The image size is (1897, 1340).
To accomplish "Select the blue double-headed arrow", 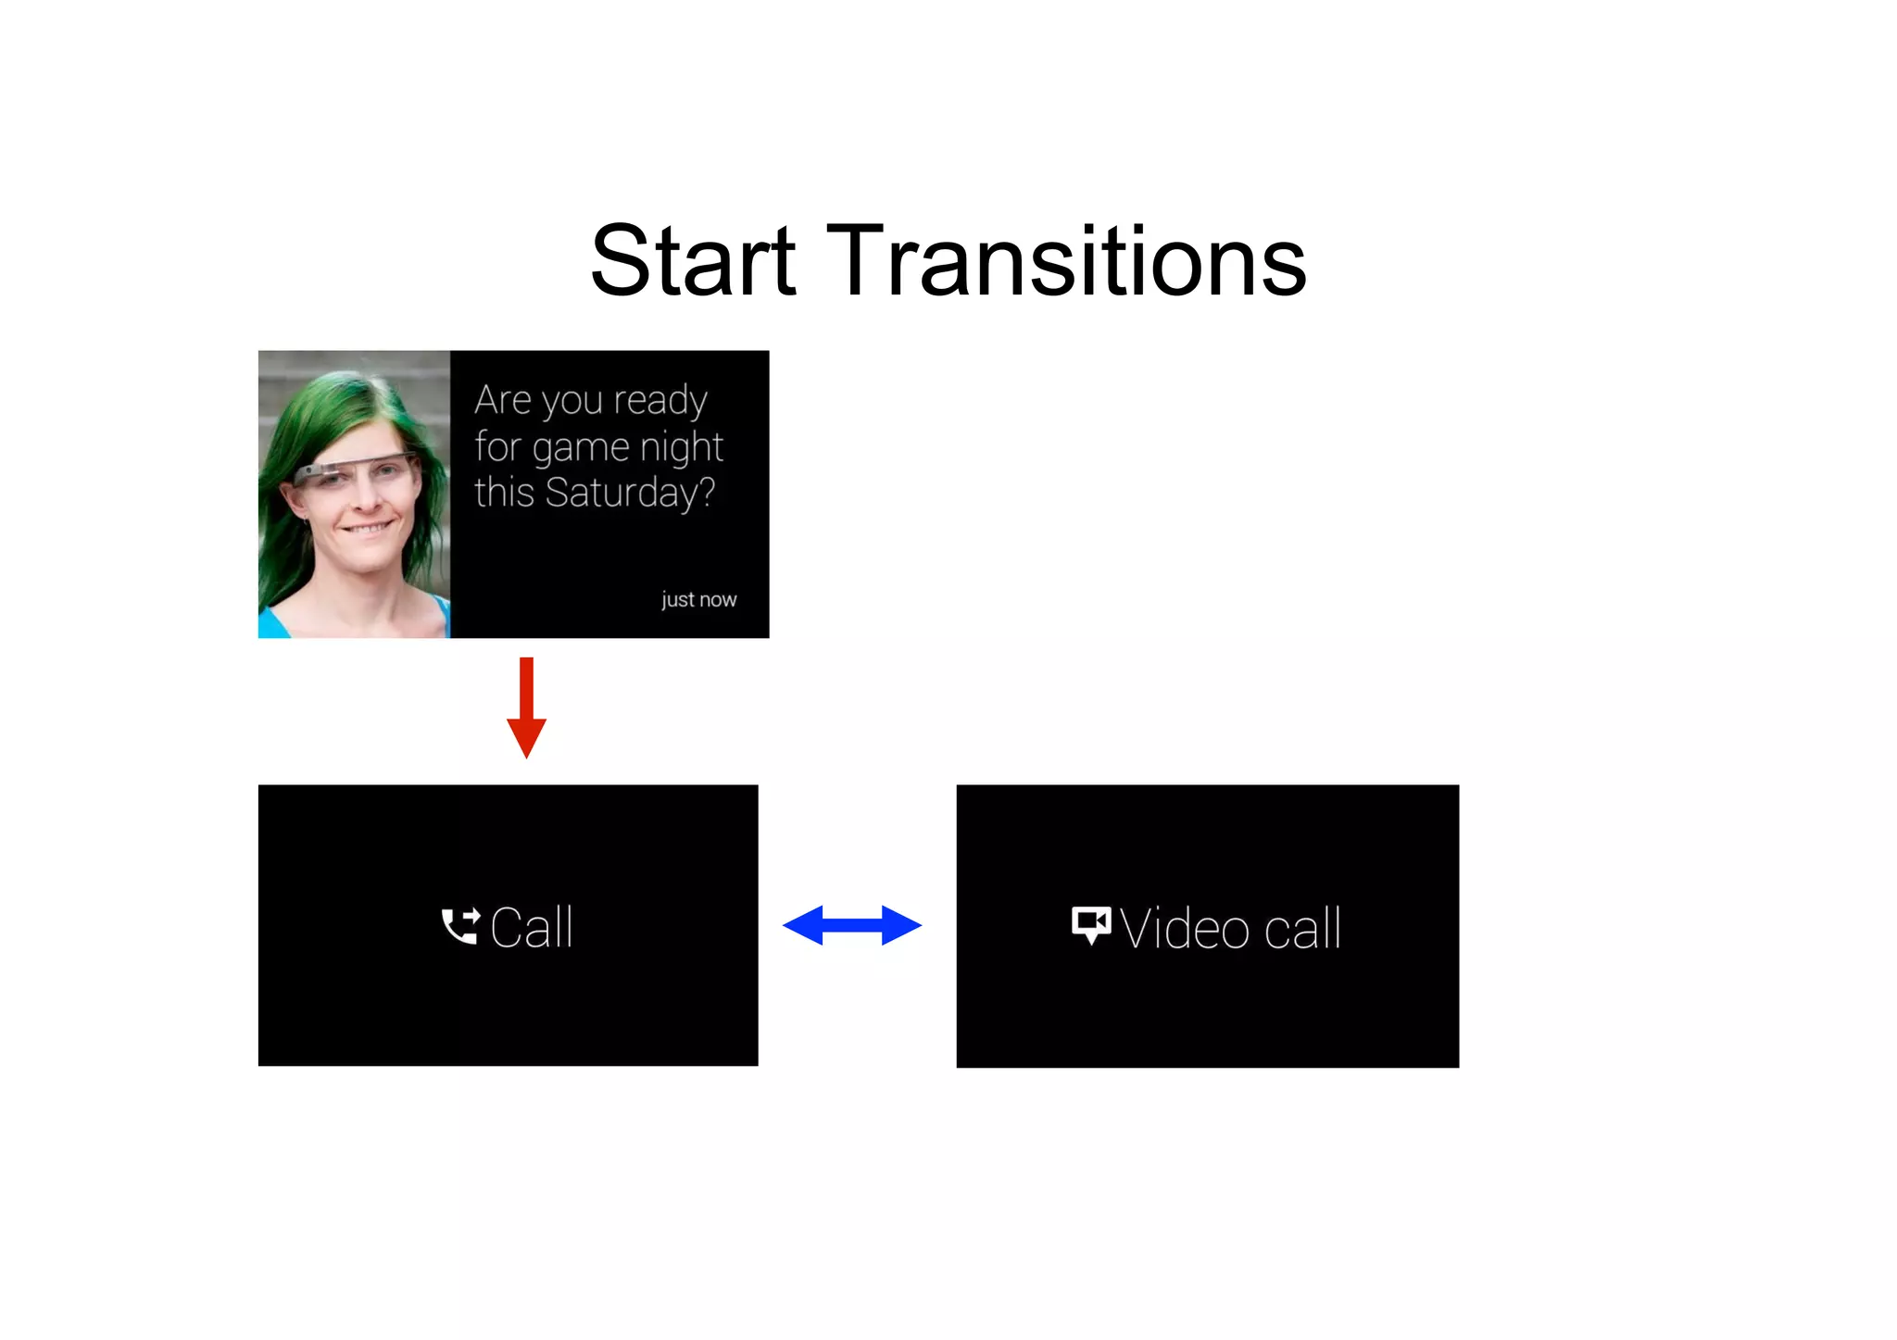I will coord(852,925).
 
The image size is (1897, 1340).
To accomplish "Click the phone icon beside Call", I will coord(460,926).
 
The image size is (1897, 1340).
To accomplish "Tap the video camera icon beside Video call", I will coord(1090,924).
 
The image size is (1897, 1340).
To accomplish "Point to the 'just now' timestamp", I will coord(698,600).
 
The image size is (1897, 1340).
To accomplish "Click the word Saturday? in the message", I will coord(630,494).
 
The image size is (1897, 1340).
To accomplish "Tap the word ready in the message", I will coord(660,402).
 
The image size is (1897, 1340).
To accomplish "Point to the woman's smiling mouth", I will coord(368,528).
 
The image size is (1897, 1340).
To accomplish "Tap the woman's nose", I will coord(364,496).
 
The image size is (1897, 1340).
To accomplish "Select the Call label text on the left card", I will coord(531,927).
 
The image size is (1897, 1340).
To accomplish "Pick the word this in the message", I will coord(504,493).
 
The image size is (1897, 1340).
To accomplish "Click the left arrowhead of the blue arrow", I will coord(803,925).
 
